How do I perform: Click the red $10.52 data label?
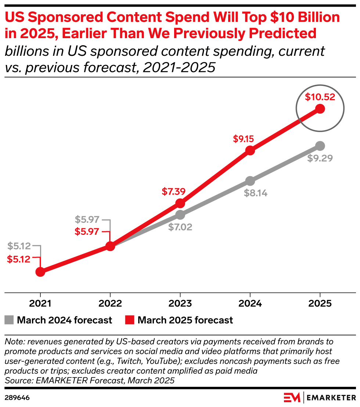[x=320, y=97]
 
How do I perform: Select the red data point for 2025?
[x=320, y=109]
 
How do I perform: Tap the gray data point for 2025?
[x=320, y=146]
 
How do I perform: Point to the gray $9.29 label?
[x=320, y=159]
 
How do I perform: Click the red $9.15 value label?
[x=244, y=139]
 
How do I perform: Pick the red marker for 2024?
[x=250, y=150]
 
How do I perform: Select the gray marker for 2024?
[x=250, y=181]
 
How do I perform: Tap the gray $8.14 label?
[x=256, y=193]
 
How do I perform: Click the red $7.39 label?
[x=174, y=191]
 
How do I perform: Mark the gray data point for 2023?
[x=180, y=214]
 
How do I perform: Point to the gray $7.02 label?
[x=180, y=227]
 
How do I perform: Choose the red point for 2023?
[x=180, y=203]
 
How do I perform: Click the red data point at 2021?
[x=40, y=272]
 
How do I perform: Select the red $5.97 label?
[x=87, y=232]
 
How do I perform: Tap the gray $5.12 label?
[x=19, y=246]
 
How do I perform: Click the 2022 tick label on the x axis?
[x=110, y=304]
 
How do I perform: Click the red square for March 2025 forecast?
[x=129, y=320]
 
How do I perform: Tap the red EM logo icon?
[x=292, y=398]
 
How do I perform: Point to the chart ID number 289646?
[x=17, y=398]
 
